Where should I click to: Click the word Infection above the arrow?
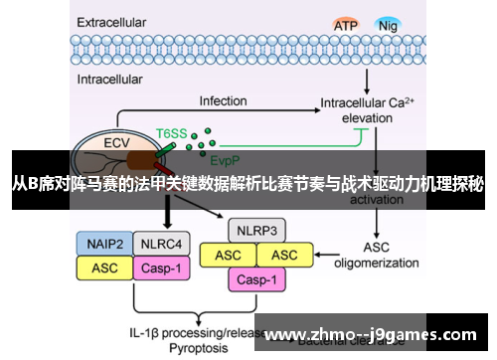[x=223, y=101]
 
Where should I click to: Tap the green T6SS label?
[x=171, y=131]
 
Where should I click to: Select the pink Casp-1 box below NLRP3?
[x=256, y=280]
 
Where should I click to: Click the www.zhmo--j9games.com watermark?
[x=377, y=333]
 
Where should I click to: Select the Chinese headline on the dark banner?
[x=248, y=183]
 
